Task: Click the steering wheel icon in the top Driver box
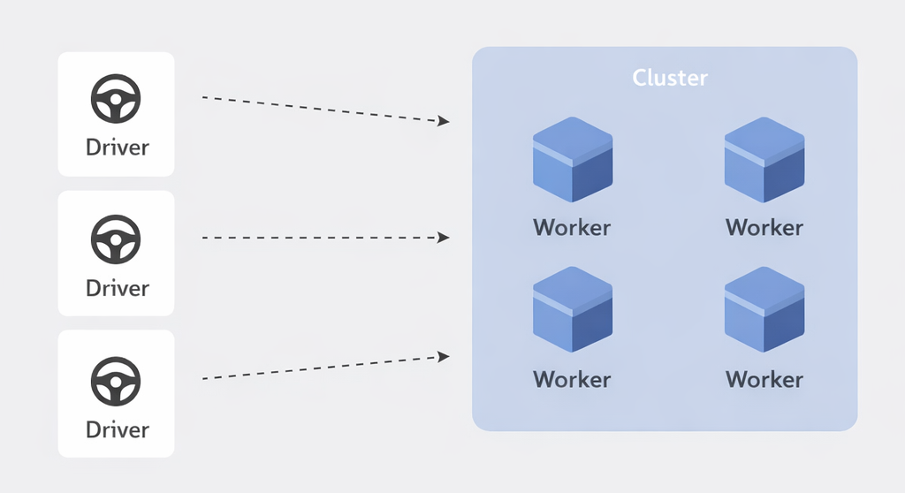pos(116,99)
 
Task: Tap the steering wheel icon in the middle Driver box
pos(116,239)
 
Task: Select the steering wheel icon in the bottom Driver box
pos(116,380)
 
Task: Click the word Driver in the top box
pos(117,147)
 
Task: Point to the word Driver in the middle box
pos(117,287)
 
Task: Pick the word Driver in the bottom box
pos(117,429)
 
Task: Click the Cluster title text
pos(670,78)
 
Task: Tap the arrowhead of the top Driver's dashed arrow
pos(445,121)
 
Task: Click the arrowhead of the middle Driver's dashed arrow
pos(445,238)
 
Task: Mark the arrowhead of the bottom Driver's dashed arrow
pos(445,356)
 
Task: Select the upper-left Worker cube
pos(572,160)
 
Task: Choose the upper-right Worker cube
pos(764,160)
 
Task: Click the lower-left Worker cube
pos(572,311)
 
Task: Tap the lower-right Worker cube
pos(764,311)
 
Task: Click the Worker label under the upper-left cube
pos(572,227)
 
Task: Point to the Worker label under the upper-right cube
pos(764,227)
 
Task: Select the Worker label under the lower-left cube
pos(572,379)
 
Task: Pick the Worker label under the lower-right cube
pos(764,379)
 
